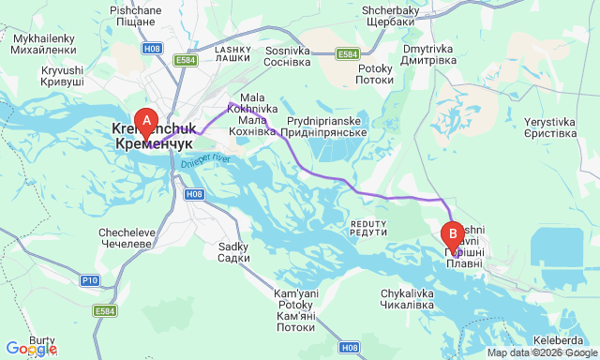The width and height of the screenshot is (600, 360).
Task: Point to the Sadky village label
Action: (x=232, y=252)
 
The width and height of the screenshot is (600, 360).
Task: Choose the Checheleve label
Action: (x=126, y=238)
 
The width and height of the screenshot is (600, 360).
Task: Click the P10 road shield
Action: (x=90, y=280)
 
